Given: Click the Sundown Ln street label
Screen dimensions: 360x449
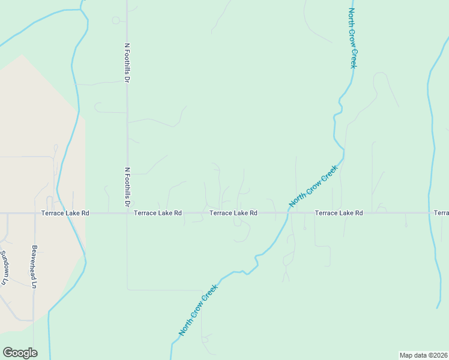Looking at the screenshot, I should (4, 268).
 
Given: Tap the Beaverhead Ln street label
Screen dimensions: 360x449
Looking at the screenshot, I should (35, 266).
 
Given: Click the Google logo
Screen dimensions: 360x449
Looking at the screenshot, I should (20, 353).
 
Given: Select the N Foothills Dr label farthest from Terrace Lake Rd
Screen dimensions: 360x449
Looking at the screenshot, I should (127, 62).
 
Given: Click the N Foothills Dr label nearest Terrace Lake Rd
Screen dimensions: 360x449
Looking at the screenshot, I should (127, 187).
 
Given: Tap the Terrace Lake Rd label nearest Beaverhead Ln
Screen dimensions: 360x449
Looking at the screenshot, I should (65, 213).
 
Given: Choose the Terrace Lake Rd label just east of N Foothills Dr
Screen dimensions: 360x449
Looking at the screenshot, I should (157, 213).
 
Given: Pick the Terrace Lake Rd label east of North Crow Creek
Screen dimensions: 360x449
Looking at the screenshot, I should (339, 213).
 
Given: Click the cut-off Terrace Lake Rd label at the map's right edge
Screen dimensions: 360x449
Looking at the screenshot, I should (441, 213).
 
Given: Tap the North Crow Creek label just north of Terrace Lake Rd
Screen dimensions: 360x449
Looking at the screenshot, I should (313, 187).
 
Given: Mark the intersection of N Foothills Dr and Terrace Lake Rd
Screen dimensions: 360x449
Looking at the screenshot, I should (127, 213).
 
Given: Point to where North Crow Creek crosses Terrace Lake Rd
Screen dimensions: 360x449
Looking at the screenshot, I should (288, 213).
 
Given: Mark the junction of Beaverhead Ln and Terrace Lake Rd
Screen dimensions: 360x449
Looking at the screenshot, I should (35, 213).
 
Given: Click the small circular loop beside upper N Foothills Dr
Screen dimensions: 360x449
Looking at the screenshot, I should (116, 20).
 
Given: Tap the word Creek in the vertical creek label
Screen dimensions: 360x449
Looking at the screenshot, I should (354, 59).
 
